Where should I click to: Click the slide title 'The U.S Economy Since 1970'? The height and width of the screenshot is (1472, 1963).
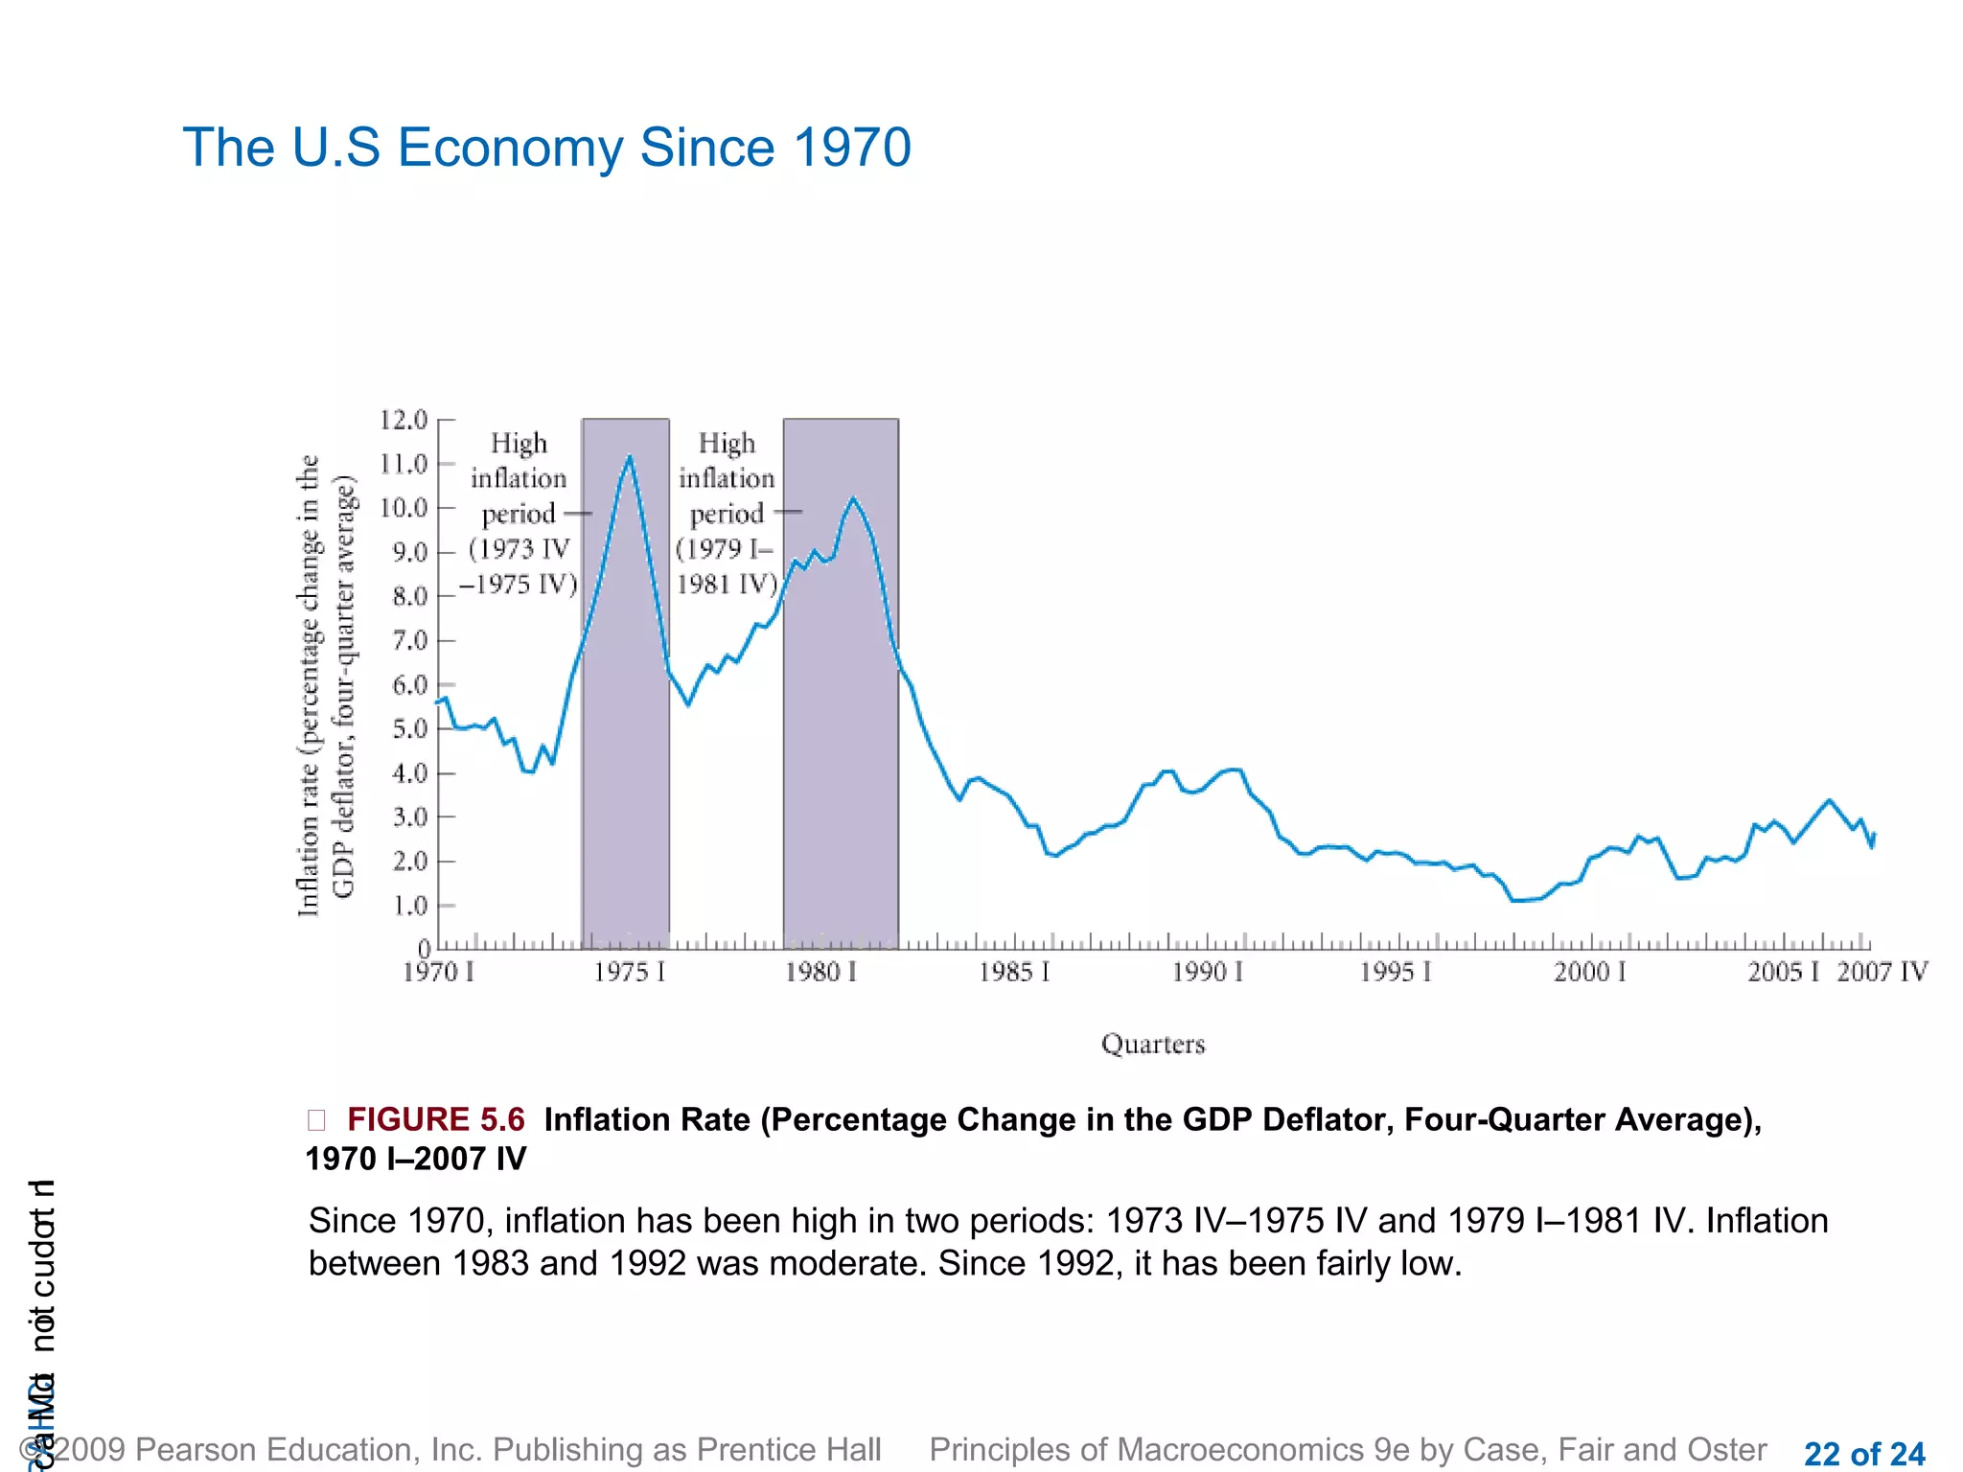click(x=546, y=148)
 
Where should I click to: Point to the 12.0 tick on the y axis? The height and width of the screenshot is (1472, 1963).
click(x=404, y=420)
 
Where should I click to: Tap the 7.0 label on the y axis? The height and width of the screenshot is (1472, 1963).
click(x=409, y=640)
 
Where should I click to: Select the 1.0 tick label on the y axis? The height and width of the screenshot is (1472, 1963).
click(x=409, y=906)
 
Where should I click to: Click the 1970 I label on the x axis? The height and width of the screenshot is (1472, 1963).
click(x=438, y=973)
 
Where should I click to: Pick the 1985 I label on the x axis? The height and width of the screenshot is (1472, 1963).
click(x=1013, y=973)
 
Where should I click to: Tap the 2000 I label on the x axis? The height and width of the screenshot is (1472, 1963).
click(x=1589, y=973)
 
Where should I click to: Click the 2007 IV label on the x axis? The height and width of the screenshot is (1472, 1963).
click(x=1882, y=973)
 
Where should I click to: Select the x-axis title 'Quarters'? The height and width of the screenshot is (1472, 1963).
click(x=1152, y=1044)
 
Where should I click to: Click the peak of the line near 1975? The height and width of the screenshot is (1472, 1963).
click(x=630, y=456)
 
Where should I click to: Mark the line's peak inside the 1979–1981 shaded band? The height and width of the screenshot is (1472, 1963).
click(x=853, y=498)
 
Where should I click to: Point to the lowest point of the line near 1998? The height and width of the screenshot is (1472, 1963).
click(x=1513, y=901)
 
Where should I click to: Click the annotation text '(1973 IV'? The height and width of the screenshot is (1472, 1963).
click(x=520, y=549)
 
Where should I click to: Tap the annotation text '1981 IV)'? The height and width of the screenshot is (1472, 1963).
click(x=727, y=584)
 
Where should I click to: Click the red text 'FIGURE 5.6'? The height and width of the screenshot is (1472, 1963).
click(x=435, y=1119)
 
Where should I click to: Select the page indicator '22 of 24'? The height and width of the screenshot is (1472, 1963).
click(x=1863, y=1454)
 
